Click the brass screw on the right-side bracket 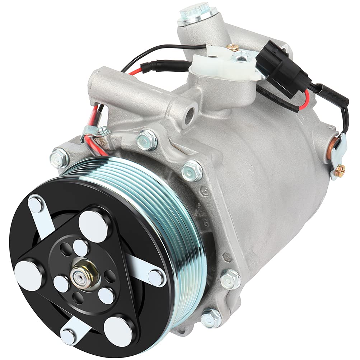tap(340, 170)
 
